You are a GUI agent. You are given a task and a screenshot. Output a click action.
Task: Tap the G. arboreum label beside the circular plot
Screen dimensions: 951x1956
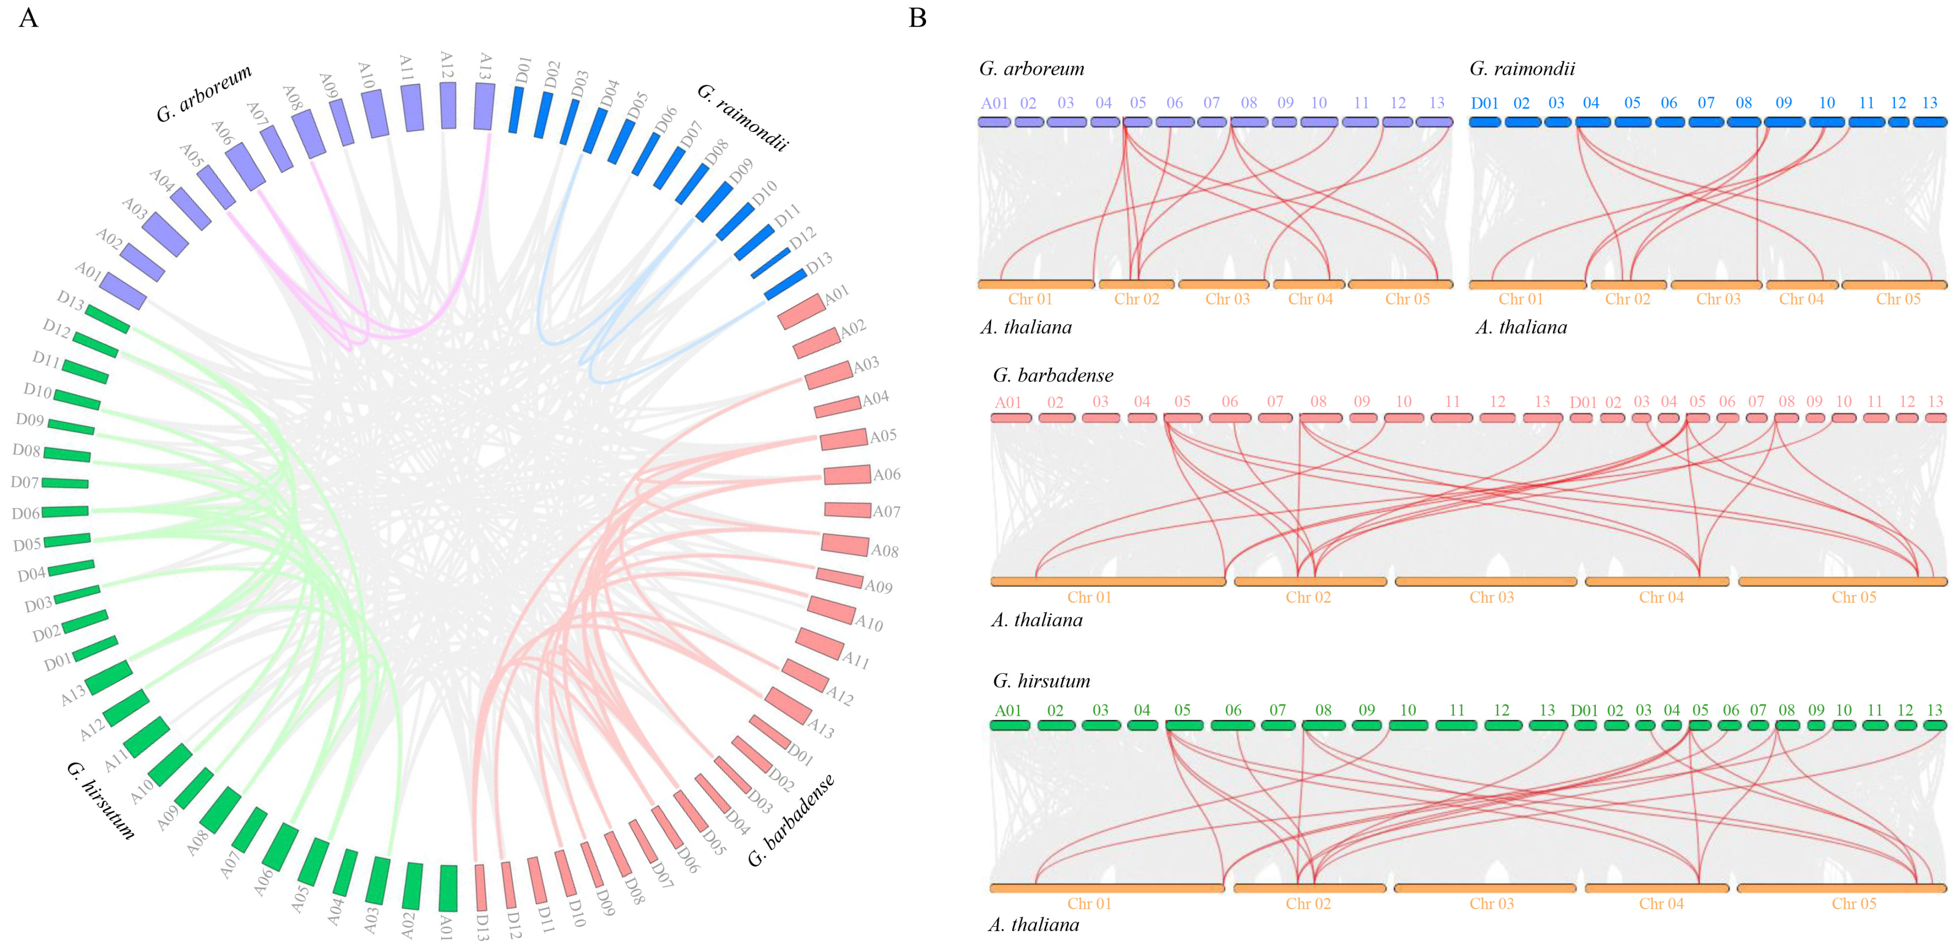(x=203, y=93)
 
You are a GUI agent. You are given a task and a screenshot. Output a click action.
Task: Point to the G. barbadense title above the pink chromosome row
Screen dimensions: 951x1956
(x=1053, y=375)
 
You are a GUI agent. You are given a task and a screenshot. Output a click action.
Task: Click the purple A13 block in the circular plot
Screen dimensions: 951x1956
(x=484, y=106)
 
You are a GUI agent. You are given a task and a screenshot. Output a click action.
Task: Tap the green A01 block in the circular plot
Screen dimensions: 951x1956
(x=448, y=888)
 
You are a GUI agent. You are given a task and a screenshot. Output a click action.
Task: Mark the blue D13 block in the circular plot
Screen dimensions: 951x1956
(x=785, y=284)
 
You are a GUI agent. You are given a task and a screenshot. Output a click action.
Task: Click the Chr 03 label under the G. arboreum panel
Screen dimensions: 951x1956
(x=1227, y=299)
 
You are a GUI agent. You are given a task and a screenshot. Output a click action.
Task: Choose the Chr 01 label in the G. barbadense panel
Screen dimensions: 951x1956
(x=1089, y=597)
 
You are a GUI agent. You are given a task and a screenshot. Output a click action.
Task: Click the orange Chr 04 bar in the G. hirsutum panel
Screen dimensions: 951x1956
(x=1657, y=888)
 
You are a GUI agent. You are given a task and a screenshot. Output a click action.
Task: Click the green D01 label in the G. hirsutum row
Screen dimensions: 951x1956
(x=1584, y=710)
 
